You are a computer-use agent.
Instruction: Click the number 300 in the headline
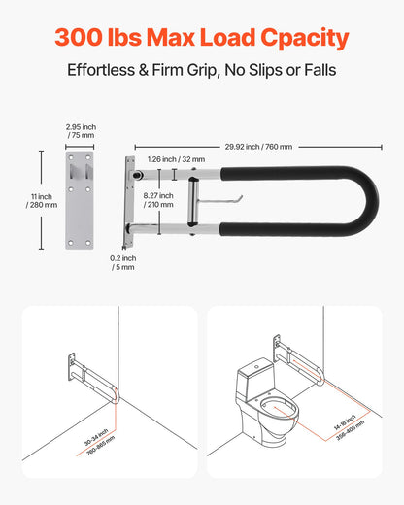[83, 37]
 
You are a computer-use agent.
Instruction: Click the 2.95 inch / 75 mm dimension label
[80, 131]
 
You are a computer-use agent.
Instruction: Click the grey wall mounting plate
[80, 200]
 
